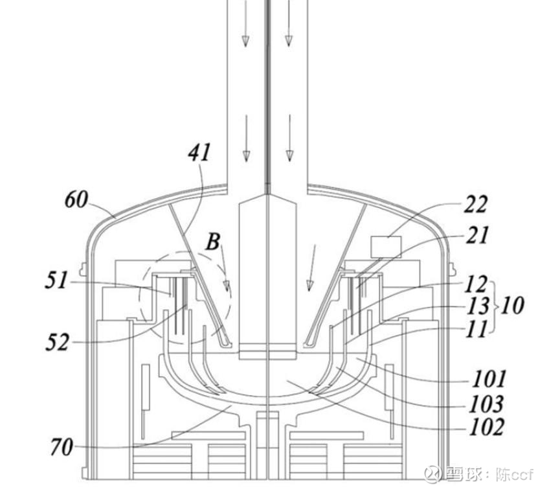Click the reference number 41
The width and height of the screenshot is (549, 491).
(x=199, y=152)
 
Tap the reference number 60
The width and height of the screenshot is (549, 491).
(x=76, y=200)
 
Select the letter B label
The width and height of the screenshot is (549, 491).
(x=213, y=242)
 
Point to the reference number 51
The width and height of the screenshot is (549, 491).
(x=56, y=280)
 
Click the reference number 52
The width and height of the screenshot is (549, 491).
(x=57, y=342)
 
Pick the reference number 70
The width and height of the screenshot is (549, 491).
(x=62, y=447)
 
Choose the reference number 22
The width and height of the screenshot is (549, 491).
(x=475, y=204)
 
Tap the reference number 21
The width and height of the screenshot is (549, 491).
(x=476, y=234)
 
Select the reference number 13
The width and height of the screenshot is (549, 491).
(x=477, y=306)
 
